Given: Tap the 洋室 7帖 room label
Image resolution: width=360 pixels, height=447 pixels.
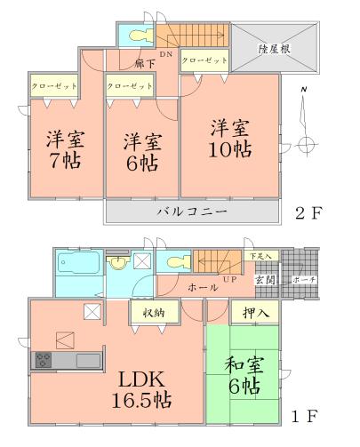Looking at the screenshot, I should point(62,152).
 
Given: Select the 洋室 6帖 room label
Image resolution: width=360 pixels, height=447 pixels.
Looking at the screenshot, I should point(141,152).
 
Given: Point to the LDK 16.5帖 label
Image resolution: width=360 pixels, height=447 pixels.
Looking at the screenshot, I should point(139,388).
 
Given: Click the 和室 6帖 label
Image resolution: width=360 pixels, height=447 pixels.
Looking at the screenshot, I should point(242,375).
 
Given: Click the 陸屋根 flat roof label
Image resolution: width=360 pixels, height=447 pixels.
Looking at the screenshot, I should point(276,49).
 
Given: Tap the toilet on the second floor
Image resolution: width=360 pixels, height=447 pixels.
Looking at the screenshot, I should point(139,36).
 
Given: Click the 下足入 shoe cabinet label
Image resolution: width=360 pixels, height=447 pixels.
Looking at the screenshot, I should point(261,256).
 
